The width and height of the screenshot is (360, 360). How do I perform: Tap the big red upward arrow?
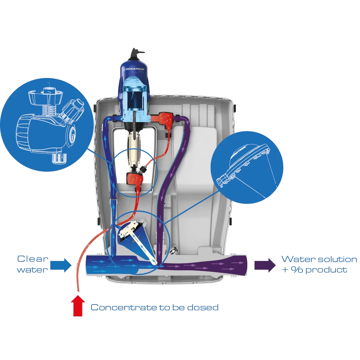79,306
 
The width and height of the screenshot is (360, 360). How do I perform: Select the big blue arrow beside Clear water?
60,265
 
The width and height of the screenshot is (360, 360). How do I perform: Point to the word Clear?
33,259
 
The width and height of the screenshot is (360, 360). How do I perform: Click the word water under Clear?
32,270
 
